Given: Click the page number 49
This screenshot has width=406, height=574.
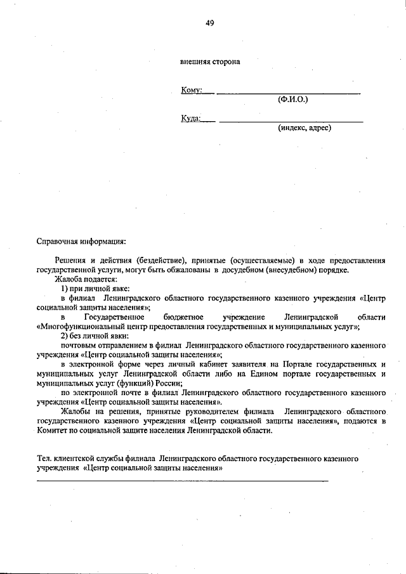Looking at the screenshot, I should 209,23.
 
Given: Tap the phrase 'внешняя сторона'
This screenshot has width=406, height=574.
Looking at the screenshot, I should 210,62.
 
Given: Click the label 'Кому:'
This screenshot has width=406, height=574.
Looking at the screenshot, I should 192,90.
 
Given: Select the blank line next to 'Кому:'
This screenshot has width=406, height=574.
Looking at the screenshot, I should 289,93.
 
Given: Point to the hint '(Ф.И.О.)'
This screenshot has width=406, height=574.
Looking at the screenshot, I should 293,100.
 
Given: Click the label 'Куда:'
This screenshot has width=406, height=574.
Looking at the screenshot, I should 191,118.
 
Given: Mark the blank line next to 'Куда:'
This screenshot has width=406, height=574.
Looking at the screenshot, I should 291,121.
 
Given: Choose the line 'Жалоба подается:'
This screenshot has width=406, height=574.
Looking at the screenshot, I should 86,279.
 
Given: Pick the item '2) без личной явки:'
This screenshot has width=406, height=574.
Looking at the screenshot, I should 95,336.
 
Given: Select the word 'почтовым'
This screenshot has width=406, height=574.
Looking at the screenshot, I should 77,345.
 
